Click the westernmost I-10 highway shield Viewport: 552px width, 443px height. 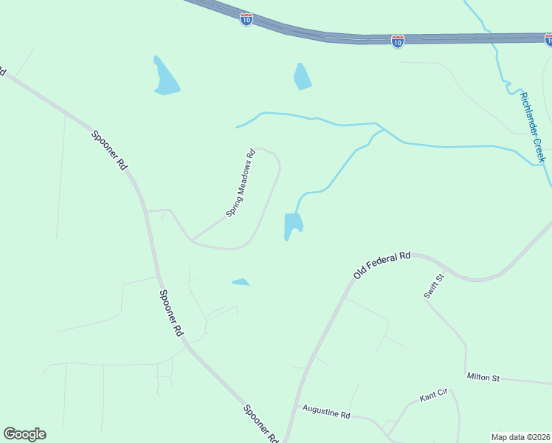[246, 19]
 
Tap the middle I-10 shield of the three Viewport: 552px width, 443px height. [397, 41]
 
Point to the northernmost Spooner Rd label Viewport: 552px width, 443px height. [109, 150]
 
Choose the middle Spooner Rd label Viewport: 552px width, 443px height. [171, 313]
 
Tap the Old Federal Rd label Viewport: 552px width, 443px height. [382, 264]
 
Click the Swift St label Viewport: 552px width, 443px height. [434, 286]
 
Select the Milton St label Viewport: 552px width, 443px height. [483, 377]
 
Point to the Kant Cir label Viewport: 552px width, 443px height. [433, 396]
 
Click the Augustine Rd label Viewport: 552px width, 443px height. [325, 411]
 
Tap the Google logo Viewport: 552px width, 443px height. [24, 434]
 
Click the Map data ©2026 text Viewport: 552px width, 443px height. [520, 436]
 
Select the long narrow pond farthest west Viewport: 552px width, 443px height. [165, 78]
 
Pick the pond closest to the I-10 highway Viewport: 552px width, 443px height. [302, 77]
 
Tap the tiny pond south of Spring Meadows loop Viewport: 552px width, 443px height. [241, 281]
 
